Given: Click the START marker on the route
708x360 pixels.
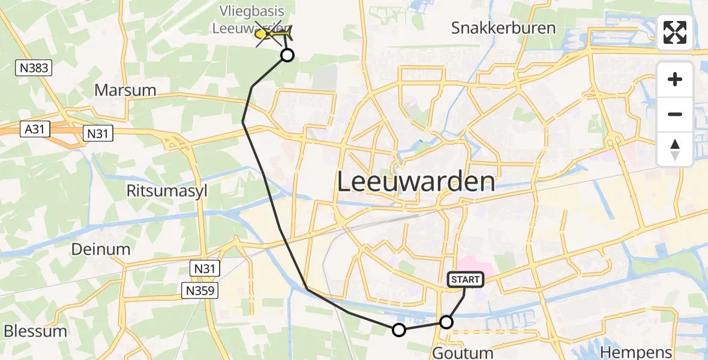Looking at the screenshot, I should click(x=465, y=279).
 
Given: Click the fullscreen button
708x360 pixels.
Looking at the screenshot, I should click(x=675, y=32).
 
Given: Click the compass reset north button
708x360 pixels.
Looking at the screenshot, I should click(x=675, y=149).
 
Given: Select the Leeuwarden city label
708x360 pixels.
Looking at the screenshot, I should click(x=416, y=181).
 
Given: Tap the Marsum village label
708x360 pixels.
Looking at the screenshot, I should click(x=125, y=91).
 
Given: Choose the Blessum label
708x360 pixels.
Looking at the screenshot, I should click(x=35, y=331).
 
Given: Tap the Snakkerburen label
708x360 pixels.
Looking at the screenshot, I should click(x=495, y=28).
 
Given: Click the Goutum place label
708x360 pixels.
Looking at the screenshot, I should click(x=463, y=352).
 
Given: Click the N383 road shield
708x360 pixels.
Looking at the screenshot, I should click(x=34, y=69).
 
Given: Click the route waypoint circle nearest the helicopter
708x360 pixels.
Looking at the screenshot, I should click(x=287, y=56).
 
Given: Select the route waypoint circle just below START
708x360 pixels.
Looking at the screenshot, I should click(x=446, y=322).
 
